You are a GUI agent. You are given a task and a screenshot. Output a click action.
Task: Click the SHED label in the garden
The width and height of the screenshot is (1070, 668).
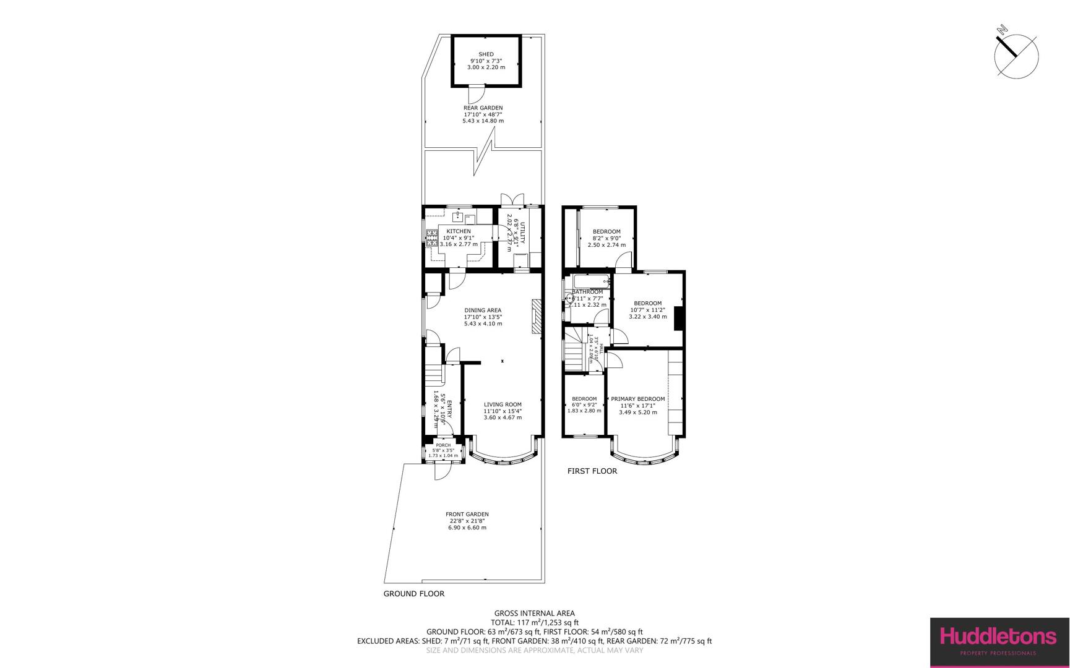(x=486, y=54)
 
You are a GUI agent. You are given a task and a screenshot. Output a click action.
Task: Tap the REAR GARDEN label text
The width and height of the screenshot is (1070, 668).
(x=483, y=108)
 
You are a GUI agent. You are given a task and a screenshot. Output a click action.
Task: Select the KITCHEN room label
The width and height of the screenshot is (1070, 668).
(x=458, y=231)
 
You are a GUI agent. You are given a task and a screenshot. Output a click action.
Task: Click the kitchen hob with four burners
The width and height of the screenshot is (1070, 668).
(x=431, y=238)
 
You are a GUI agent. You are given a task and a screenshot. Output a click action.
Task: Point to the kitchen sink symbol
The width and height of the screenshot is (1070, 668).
(x=458, y=216)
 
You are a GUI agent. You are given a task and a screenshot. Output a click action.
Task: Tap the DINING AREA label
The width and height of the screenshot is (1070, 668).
(x=483, y=310)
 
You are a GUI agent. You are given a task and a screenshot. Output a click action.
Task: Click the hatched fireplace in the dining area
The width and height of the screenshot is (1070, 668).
(x=537, y=318)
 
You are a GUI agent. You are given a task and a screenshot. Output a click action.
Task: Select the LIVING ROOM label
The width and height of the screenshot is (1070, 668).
(x=503, y=405)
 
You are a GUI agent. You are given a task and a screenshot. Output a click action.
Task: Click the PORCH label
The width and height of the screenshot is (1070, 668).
(x=443, y=445)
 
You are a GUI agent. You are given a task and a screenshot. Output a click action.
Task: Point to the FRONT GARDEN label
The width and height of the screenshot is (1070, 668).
(x=467, y=514)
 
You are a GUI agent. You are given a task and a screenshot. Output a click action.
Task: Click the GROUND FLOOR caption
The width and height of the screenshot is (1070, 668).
(x=414, y=594)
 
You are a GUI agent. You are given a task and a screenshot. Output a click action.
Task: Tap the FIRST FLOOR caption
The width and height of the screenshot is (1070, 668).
(x=592, y=471)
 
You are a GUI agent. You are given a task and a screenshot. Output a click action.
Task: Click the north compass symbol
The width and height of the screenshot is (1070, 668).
(x=1016, y=56)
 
